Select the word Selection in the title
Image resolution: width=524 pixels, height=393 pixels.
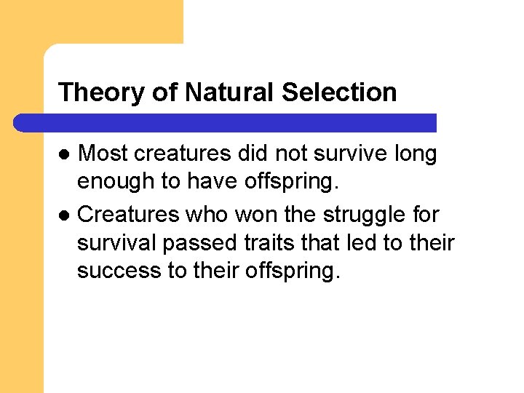pos(339,93)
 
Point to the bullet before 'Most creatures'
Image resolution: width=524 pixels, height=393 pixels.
pos(64,154)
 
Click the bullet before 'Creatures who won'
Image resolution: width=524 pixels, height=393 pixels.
pos(64,215)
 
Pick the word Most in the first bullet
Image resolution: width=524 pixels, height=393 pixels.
pos(103,154)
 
